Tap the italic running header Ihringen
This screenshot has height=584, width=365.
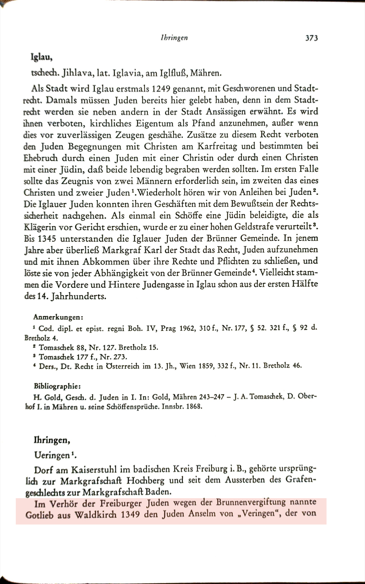tap(174, 38)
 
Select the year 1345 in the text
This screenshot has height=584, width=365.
tap(47, 238)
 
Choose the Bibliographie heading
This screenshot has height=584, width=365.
tap(57, 385)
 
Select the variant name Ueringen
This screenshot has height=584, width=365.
tap(52, 455)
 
